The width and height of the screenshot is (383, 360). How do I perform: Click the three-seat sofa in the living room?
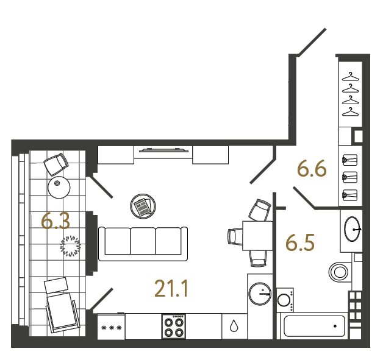click(143, 241)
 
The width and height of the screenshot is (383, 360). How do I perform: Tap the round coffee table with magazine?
click(143, 206)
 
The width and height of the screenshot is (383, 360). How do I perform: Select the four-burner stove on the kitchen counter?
click(174, 327)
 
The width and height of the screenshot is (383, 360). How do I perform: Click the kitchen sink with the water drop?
click(234, 326)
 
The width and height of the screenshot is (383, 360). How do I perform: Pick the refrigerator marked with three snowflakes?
click(111, 327)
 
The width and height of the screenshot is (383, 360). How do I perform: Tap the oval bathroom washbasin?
click(353, 229)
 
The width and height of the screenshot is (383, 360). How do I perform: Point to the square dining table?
click(257, 235)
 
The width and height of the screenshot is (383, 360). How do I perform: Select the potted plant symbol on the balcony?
click(71, 245)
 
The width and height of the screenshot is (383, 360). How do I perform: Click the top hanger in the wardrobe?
click(350, 77)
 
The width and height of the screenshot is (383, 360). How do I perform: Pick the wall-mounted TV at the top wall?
click(163, 149)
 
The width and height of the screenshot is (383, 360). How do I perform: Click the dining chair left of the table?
click(235, 235)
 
